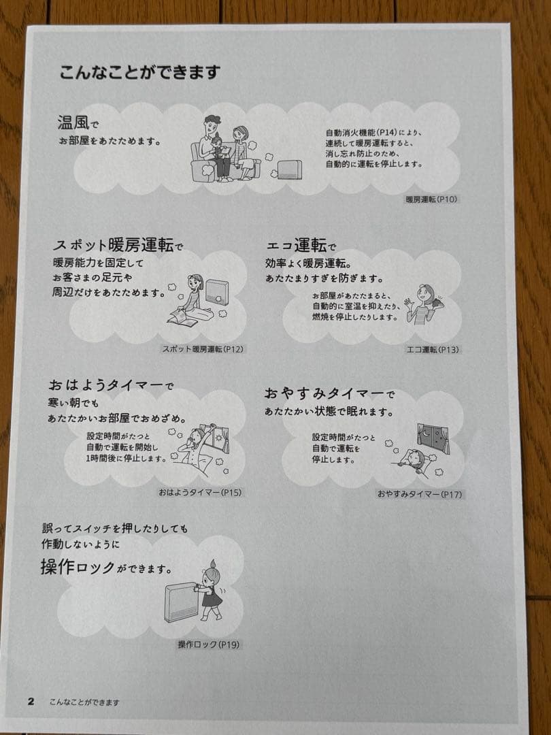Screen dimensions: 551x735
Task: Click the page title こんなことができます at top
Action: [139, 73]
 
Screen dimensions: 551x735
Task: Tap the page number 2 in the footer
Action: [31, 702]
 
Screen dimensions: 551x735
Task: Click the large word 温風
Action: [72, 122]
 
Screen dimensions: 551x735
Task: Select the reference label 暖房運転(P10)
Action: [431, 199]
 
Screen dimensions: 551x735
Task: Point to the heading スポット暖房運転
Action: [113, 245]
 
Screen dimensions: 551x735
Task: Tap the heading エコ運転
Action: [296, 245]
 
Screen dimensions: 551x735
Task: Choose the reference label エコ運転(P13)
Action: [433, 349]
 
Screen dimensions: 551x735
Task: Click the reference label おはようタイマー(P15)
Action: [200, 493]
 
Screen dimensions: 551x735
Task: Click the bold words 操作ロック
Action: [78, 568]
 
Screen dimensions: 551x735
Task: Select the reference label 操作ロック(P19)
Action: [209, 644]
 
